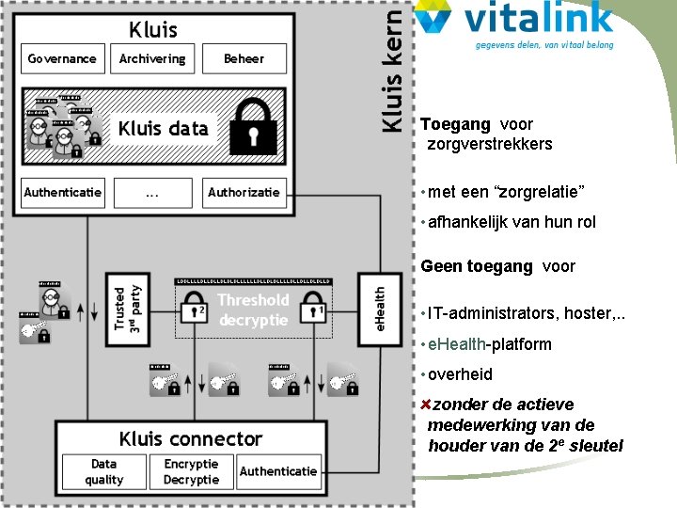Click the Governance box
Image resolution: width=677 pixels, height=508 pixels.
62,58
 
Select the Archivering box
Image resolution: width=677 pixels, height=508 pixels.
152,58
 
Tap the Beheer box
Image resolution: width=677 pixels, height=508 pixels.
244,58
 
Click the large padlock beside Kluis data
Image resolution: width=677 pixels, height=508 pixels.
253,128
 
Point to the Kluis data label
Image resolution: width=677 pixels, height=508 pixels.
164,129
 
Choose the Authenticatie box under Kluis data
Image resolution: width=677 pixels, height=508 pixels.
63,192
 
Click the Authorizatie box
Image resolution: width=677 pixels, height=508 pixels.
244,192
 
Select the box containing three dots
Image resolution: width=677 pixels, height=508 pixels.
152,192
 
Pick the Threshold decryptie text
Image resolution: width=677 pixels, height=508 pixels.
253,310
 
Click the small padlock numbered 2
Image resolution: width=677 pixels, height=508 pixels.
197,309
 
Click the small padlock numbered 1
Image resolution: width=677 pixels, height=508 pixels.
317,309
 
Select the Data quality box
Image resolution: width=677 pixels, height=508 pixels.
103,471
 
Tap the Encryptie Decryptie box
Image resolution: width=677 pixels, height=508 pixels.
191,471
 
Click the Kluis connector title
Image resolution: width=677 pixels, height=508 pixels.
190,438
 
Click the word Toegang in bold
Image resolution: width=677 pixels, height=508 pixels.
455,124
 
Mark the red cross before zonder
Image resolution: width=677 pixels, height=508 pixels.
425,405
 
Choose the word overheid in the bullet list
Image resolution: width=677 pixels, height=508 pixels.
460,374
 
